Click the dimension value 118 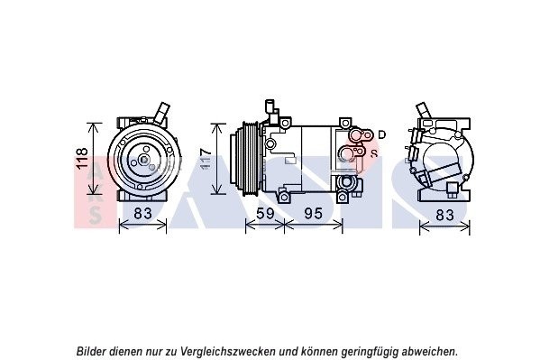click(x=83, y=158)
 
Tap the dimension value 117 click(x=206, y=159)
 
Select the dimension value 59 click(x=265, y=214)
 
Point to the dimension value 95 click(x=314, y=214)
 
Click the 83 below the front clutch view click(x=142, y=214)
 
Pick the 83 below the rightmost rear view click(x=444, y=215)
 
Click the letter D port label click(x=381, y=134)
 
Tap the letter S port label click(x=374, y=152)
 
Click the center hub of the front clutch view click(x=143, y=160)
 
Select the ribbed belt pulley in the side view click(x=249, y=159)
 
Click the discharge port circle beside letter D click(x=355, y=134)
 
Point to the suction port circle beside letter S click(x=347, y=152)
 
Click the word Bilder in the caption click(x=91, y=351)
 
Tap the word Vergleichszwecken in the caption click(x=229, y=352)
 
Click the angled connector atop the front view click(x=160, y=113)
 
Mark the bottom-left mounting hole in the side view click(x=283, y=198)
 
